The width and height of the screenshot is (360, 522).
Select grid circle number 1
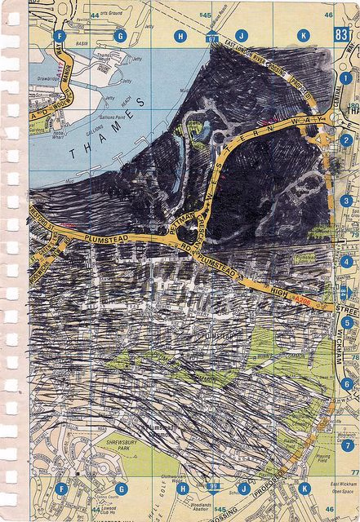[x=346, y=77]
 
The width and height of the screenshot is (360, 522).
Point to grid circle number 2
[x=347, y=139]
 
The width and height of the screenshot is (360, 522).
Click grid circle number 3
[x=347, y=201]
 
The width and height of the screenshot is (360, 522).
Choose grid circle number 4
[x=347, y=261]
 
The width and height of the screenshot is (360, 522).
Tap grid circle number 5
[x=347, y=322]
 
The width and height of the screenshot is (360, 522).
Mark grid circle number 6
[x=347, y=383]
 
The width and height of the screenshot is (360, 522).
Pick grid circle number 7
[x=347, y=445]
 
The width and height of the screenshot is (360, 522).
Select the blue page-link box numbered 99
[x=213, y=486]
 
